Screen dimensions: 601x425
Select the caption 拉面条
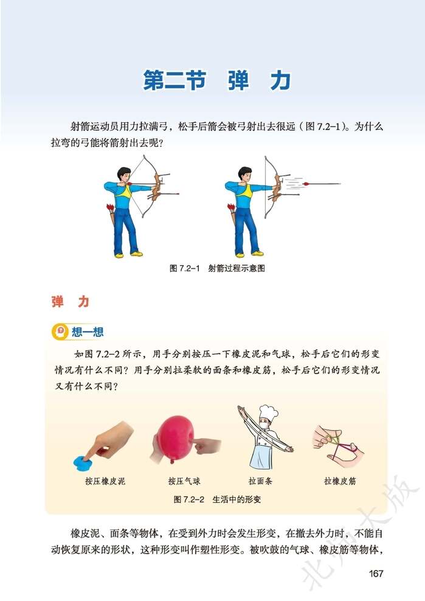[x=260, y=481]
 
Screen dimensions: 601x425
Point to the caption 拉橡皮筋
[x=340, y=481]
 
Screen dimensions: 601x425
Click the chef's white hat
[x=266, y=413]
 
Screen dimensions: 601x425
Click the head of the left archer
[x=124, y=174]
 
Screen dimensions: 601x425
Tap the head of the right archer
[x=244, y=174]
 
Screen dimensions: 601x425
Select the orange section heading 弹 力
[x=71, y=302]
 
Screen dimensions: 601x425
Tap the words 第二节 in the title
[x=174, y=82]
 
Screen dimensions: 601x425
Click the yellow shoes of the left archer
[x=128, y=254]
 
